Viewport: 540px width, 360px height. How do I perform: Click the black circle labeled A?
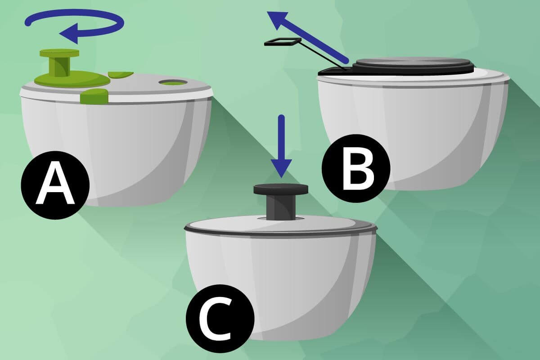click(x=55, y=185)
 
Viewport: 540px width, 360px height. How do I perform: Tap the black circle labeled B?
click(x=356, y=168)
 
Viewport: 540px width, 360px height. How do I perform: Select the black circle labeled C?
click(x=220, y=319)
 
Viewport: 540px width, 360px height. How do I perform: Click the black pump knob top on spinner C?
click(x=281, y=189)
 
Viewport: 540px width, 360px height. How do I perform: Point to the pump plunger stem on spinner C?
click(x=281, y=207)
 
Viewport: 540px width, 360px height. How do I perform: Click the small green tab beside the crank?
click(x=121, y=75)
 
